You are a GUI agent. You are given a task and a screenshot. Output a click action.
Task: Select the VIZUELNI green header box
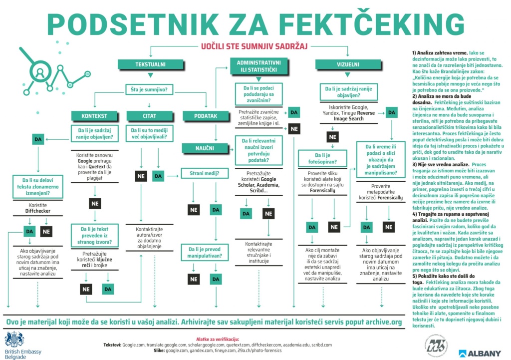348,64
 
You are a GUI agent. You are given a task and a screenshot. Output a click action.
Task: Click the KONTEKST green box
94,116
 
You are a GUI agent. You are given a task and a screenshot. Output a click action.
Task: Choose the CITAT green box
149,116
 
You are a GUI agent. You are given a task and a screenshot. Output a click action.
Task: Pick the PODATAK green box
205,116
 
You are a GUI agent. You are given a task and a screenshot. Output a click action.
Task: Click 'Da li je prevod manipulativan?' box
206,252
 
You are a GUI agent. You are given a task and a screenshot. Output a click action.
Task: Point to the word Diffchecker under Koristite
38,211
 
